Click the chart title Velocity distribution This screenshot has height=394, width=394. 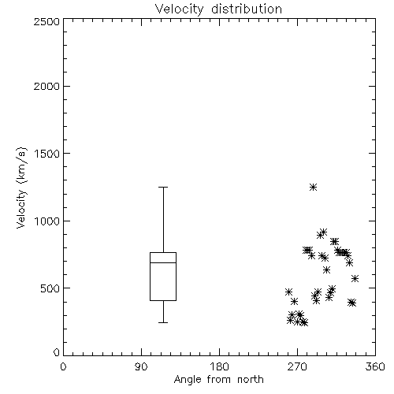point(218,9)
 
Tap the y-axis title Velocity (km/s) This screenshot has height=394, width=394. point(21,188)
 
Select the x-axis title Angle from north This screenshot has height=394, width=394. point(218,380)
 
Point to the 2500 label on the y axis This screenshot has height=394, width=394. point(46,21)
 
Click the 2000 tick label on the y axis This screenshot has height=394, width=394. point(46,86)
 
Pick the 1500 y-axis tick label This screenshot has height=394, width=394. point(47,154)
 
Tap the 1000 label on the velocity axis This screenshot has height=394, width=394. point(47,221)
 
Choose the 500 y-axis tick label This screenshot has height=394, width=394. point(50,288)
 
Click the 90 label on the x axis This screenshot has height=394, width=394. point(141,366)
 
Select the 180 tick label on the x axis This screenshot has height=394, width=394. point(219,366)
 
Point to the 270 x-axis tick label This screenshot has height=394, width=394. point(297,366)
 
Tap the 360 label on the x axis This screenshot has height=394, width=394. point(375,366)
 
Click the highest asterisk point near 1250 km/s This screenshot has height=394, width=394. point(313,188)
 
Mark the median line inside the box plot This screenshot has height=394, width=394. point(163,262)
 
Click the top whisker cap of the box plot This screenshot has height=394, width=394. point(163,188)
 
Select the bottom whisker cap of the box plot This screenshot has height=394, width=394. point(163,322)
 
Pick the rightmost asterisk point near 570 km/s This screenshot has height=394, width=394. point(355,279)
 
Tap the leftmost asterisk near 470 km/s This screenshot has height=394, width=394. point(289,292)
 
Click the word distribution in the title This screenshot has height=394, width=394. point(247,9)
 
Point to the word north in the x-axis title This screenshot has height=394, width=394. point(251,380)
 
